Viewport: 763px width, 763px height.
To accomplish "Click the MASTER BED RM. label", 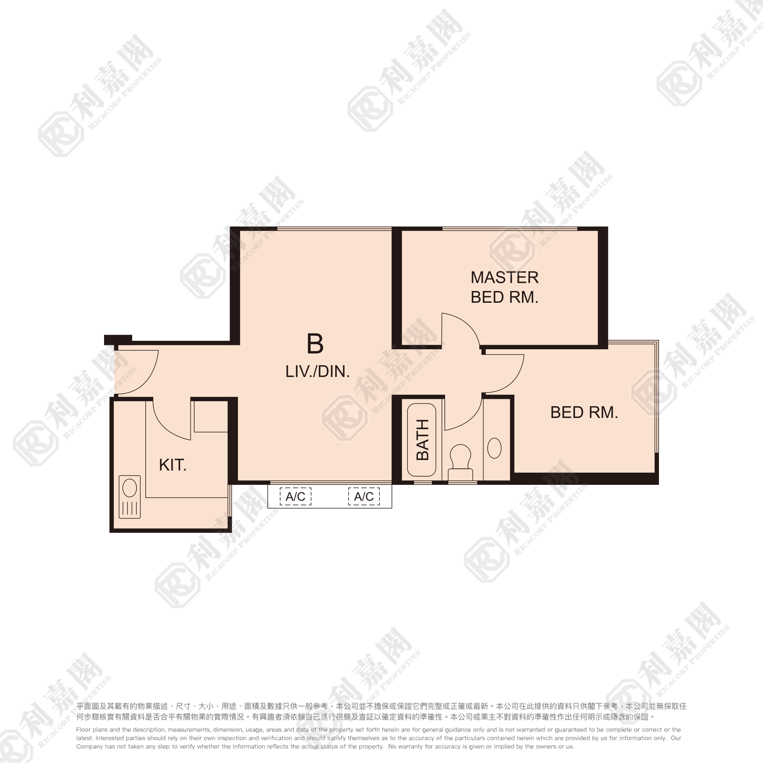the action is [504, 287].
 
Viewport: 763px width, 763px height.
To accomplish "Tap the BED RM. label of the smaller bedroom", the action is [584, 412].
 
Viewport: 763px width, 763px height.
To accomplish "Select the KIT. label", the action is [173, 465].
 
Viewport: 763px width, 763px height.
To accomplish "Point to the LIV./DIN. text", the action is [318, 372].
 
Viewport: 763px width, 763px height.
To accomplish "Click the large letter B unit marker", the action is [315, 344].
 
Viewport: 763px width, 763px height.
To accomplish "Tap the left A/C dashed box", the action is [295, 496].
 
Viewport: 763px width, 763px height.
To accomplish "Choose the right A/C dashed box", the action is [364, 496].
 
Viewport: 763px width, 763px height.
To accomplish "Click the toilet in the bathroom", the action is [461, 462].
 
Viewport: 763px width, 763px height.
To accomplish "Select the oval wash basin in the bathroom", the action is [495, 448].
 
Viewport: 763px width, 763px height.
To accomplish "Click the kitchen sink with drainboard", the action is [129, 497].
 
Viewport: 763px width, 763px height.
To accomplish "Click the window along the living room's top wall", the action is [334, 228].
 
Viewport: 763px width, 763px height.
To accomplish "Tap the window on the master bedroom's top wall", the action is [510, 228].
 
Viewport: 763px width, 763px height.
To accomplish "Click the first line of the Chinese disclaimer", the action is [381, 706].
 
